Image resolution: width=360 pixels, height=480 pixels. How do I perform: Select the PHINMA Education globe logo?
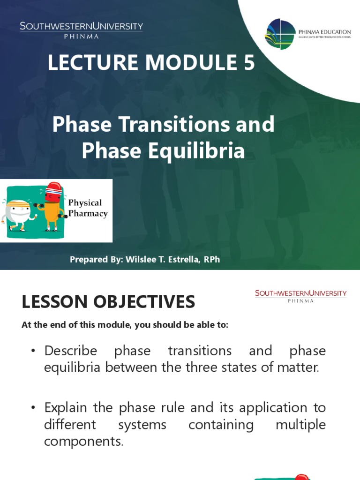(280, 34)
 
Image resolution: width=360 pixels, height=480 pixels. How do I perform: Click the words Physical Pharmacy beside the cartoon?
(87, 208)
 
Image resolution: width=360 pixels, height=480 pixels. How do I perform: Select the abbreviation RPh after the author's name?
(211, 259)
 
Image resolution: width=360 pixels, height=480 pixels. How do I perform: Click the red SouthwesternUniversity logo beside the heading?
(300, 296)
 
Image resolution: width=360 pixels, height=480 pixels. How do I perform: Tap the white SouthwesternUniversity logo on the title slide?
(81, 29)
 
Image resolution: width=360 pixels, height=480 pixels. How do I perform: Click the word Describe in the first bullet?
(70, 351)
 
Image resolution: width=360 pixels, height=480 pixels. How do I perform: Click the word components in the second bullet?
(83, 442)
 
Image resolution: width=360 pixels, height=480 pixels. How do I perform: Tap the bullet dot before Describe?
(33, 352)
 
